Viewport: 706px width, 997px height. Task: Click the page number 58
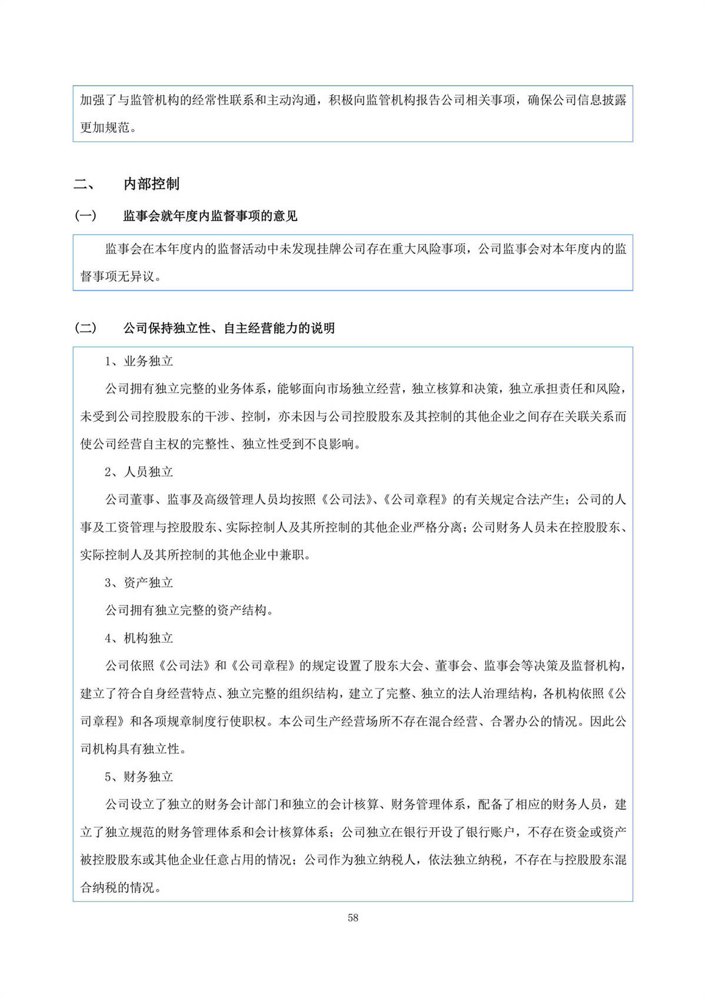tap(353, 918)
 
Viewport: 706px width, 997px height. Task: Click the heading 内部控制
tap(151, 184)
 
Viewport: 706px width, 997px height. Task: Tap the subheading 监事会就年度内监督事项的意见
tap(210, 216)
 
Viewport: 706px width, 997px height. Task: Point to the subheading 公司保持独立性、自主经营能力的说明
tap(229, 328)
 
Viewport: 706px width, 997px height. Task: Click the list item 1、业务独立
tap(139, 361)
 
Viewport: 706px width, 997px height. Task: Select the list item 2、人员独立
tap(139, 472)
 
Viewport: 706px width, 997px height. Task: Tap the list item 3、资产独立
tap(139, 583)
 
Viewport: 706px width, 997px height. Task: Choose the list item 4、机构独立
tap(139, 638)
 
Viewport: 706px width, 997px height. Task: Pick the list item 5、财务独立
tap(139, 777)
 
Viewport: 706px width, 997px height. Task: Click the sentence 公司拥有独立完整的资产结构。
tap(189, 610)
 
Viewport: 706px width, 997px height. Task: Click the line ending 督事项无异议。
tap(121, 276)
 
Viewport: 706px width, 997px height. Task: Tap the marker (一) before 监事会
tap(85, 216)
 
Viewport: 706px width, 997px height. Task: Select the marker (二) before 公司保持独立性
tap(85, 328)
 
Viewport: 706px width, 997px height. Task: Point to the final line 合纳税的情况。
tap(121, 888)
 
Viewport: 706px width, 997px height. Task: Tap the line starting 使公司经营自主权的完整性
tap(221, 444)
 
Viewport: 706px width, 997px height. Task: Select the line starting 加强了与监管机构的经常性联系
tap(353, 100)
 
